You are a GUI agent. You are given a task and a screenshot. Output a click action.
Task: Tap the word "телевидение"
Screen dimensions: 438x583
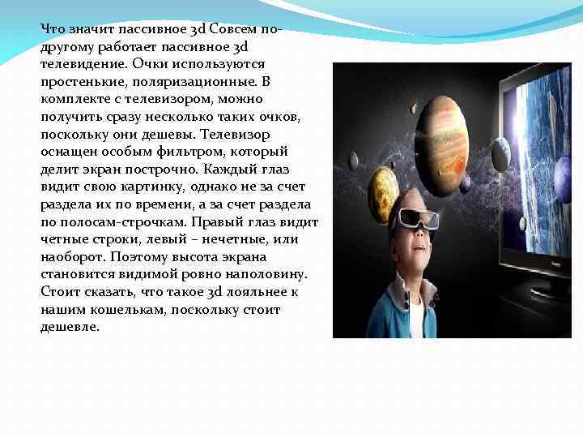(82, 62)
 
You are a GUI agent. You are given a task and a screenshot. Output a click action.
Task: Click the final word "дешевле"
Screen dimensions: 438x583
(70, 328)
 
